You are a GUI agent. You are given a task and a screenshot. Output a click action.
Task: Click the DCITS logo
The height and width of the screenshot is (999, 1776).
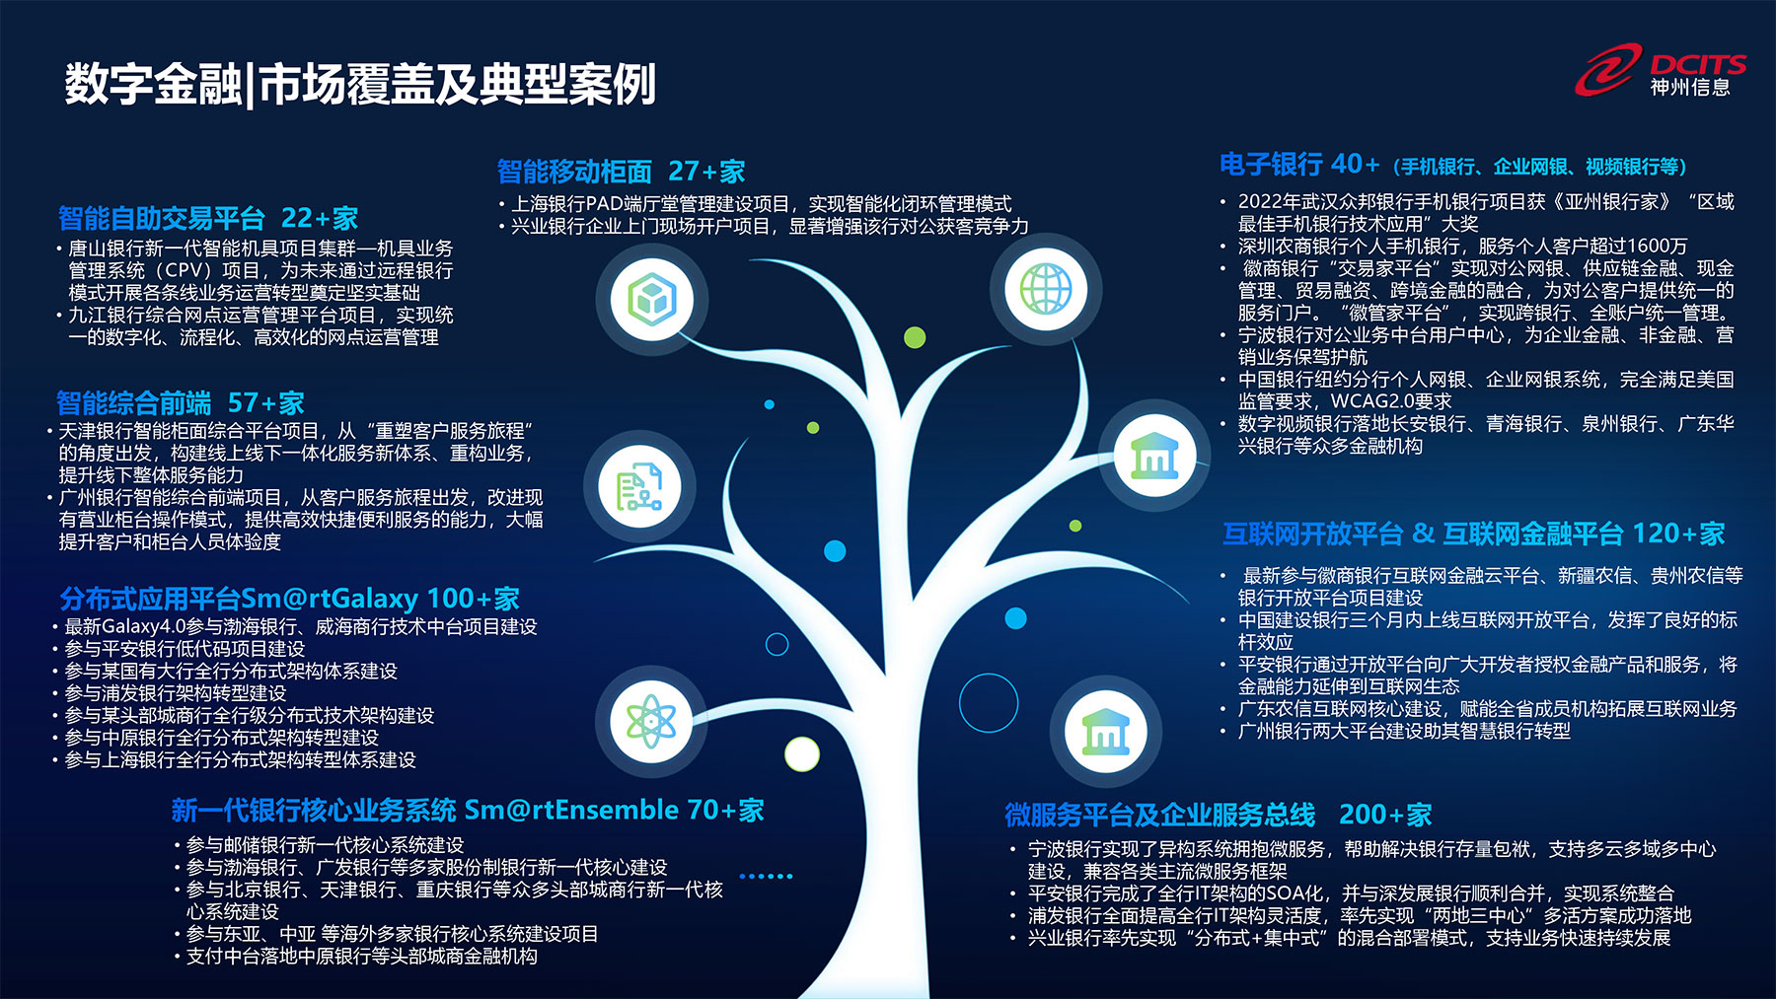[x=1660, y=71]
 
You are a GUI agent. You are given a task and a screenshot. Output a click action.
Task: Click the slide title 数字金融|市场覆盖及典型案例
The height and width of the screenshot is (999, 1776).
[x=360, y=85]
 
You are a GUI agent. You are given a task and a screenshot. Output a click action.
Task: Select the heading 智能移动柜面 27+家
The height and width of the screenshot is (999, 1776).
[x=621, y=172]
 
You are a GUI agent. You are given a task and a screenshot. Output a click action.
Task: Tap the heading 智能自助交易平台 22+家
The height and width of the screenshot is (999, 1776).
[x=207, y=218]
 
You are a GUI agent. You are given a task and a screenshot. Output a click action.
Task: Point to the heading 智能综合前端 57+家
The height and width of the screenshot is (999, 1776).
[x=180, y=402]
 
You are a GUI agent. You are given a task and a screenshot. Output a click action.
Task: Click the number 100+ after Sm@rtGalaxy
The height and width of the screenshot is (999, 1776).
[x=459, y=599]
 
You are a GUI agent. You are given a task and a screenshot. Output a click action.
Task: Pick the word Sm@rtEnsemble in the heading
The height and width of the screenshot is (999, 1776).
[x=571, y=810]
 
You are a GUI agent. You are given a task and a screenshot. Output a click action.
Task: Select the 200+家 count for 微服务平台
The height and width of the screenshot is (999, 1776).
[x=1385, y=815]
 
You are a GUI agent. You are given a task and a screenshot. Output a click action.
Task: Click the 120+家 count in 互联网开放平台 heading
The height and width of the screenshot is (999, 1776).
[x=1678, y=534]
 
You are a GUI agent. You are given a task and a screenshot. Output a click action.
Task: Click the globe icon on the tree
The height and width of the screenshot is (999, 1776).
[x=1046, y=289]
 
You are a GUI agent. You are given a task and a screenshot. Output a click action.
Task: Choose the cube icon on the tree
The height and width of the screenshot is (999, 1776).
[x=651, y=297]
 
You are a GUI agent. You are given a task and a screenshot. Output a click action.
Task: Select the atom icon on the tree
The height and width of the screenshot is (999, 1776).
[x=650, y=721]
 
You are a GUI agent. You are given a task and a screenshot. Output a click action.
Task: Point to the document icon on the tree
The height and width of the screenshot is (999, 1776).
[x=639, y=486]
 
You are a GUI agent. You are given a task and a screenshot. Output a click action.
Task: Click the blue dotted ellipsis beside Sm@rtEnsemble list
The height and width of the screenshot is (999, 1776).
[x=766, y=876]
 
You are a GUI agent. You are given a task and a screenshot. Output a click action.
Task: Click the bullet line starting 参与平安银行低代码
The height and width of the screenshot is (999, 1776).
[x=185, y=649]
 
